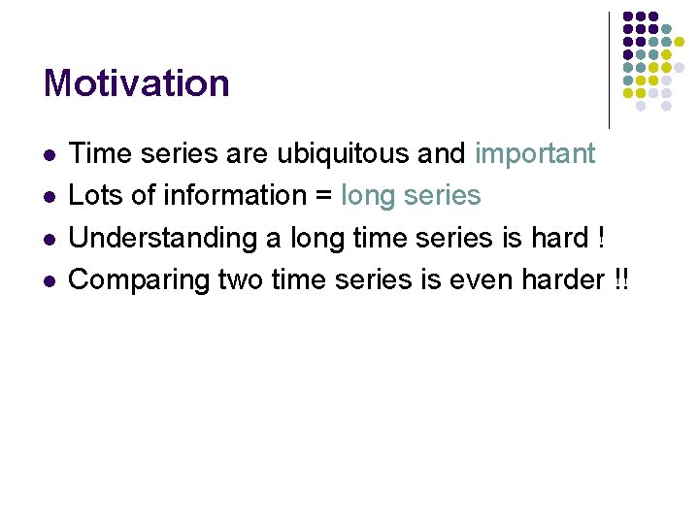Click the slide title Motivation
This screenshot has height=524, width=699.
(x=136, y=83)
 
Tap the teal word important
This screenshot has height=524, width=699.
(x=535, y=154)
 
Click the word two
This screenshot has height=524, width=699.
(x=241, y=279)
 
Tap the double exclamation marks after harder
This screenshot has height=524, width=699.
(x=621, y=279)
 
